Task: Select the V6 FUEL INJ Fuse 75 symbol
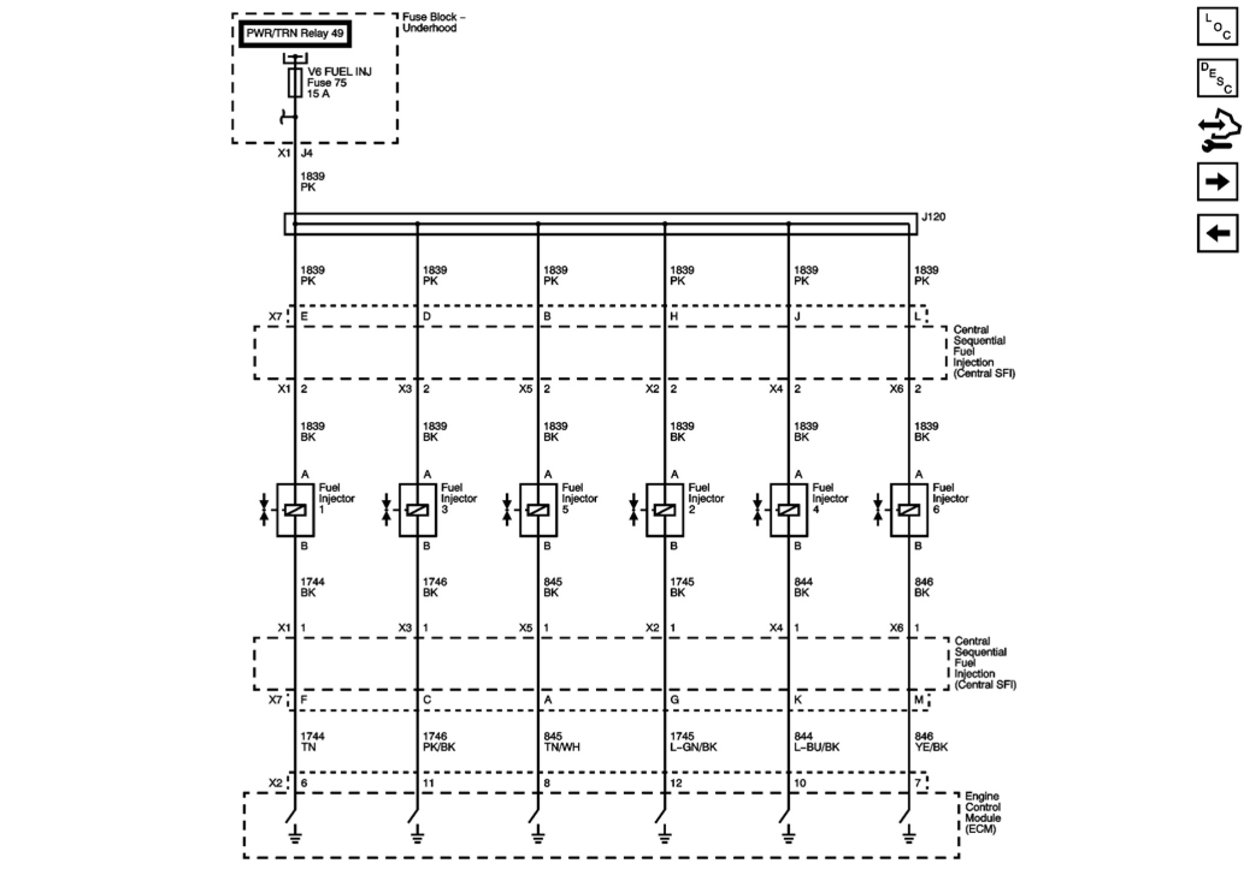pyautogui.click(x=295, y=82)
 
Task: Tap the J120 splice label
pyautogui.click(x=933, y=217)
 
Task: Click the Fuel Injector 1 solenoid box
pyautogui.click(x=295, y=510)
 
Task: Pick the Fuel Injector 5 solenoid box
pyautogui.click(x=538, y=510)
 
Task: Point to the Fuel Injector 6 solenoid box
pyautogui.click(x=909, y=510)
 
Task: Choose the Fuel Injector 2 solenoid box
pyautogui.click(x=665, y=510)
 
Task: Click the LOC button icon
pyautogui.click(x=1218, y=26)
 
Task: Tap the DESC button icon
pyautogui.click(x=1218, y=78)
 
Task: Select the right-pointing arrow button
pyautogui.click(x=1218, y=181)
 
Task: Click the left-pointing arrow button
pyautogui.click(x=1218, y=233)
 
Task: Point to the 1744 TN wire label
pyautogui.click(x=313, y=741)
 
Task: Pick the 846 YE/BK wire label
pyautogui.click(x=931, y=741)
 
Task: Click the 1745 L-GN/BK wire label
pyautogui.click(x=693, y=741)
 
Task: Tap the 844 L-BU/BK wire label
pyautogui.click(x=816, y=741)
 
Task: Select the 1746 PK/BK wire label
pyautogui.click(x=439, y=741)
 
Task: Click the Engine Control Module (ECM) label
pyautogui.click(x=983, y=812)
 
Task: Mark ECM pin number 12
pyautogui.click(x=676, y=783)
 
